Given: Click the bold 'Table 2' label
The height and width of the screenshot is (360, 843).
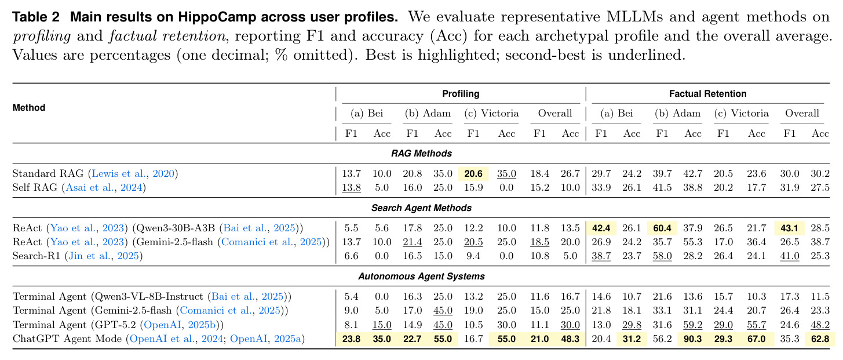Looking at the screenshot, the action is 36,17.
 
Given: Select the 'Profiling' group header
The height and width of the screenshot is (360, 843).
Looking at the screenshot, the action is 461,94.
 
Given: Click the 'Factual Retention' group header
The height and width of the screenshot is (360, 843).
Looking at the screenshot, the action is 707,94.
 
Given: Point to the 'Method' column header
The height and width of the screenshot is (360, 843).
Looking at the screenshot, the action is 29,108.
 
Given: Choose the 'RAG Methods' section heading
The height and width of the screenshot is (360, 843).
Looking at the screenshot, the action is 421,154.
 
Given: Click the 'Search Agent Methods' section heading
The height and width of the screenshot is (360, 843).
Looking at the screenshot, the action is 421,208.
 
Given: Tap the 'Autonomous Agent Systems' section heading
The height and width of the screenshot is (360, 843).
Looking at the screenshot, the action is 421,277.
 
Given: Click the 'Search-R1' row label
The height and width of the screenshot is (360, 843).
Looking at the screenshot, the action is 37,256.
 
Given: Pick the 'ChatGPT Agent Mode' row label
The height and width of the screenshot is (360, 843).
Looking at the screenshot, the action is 67,339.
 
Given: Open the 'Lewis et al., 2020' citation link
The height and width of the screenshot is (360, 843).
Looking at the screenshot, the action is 133,173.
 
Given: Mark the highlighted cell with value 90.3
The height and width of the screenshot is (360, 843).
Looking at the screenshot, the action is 692,339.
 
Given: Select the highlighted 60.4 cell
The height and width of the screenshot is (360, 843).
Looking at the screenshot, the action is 662,228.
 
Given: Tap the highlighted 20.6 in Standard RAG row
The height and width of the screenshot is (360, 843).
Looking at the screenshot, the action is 473,173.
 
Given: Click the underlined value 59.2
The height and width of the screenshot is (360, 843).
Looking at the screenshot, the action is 692,325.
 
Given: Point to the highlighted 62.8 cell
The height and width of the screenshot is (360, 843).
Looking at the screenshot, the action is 820,339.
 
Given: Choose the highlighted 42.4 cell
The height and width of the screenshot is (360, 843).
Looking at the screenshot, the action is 601,228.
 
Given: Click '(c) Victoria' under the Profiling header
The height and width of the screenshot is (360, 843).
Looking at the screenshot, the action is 491,114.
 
